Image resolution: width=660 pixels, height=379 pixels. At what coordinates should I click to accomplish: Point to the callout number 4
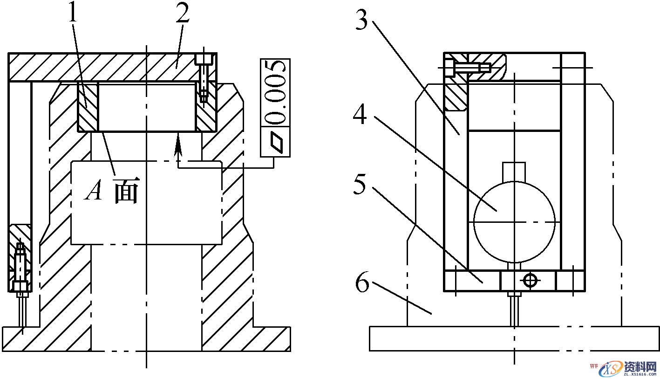tap(360, 114)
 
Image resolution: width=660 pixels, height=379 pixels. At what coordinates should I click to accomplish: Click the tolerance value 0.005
tap(275, 92)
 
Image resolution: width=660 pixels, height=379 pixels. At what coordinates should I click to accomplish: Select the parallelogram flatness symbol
tap(276, 141)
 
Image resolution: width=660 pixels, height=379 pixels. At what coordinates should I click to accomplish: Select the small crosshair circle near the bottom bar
tap(530, 280)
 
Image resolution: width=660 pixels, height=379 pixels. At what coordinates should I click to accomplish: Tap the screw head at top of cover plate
tap(204, 59)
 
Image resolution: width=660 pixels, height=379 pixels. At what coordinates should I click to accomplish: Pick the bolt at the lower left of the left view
tap(20, 270)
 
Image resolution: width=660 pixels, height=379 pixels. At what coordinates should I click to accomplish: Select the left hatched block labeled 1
tap(87, 107)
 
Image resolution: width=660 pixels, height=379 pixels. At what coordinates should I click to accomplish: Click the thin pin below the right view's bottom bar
tap(514, 310)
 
